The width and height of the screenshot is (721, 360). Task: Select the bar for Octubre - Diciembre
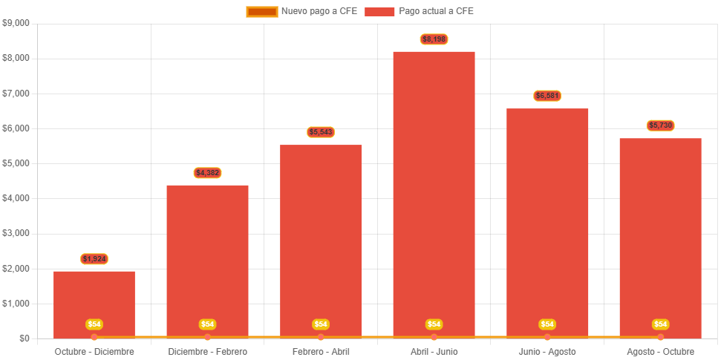pos(94,297)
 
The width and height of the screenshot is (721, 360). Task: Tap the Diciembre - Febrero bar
pos(207,252)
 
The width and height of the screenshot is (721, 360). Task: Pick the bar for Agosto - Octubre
pos(660,230)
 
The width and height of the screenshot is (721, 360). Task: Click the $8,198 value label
pos(434,39)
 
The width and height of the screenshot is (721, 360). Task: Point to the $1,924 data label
pos(94,259)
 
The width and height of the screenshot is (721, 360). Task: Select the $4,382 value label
pos(207,173)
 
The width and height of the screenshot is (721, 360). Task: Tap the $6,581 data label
pos(547,96)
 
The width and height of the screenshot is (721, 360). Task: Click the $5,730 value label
pos(660,125)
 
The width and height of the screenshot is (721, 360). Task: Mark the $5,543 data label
pos(321,132)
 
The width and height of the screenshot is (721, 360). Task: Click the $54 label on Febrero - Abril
pos(321,324)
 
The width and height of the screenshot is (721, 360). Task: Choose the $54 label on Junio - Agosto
pos(547,324)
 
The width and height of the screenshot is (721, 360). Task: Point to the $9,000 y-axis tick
pos(16,23)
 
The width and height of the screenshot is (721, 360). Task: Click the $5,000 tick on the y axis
pos(16,163)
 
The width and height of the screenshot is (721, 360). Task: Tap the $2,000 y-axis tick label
pos(16,269)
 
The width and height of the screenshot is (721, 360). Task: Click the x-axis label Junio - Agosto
pos(547,351)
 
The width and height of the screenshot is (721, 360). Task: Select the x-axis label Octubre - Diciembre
pos(94,351)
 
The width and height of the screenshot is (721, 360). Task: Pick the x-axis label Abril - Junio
pos(434,351)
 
